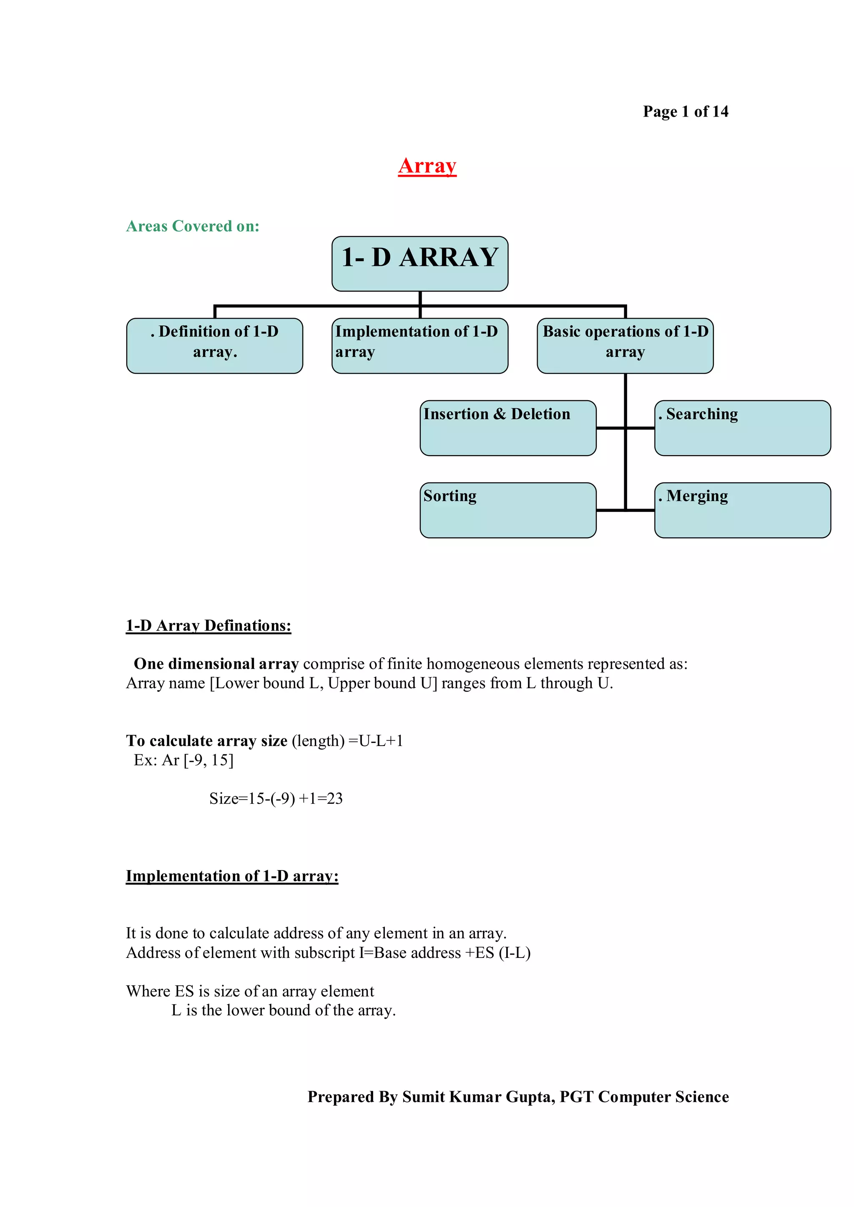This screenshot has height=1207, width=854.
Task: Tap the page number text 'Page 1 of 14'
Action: (685, 112)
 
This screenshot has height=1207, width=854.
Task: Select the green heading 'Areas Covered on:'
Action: (193, 226)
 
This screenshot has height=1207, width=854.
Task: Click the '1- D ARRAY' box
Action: (419, 263)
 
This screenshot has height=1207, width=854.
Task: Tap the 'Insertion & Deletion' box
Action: (508, 427)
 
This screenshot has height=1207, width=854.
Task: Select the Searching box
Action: (742, 427)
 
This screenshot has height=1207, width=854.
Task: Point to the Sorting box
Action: (508, 509)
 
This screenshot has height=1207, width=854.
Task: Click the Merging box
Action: (742, 509)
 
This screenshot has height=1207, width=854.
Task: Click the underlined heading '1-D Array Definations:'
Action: (208, 626)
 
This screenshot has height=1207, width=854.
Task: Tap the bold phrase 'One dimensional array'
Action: (216, 664)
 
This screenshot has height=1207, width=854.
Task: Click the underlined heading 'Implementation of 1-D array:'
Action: (232, 876)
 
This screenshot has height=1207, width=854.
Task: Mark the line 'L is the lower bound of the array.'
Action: (284, 1010)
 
